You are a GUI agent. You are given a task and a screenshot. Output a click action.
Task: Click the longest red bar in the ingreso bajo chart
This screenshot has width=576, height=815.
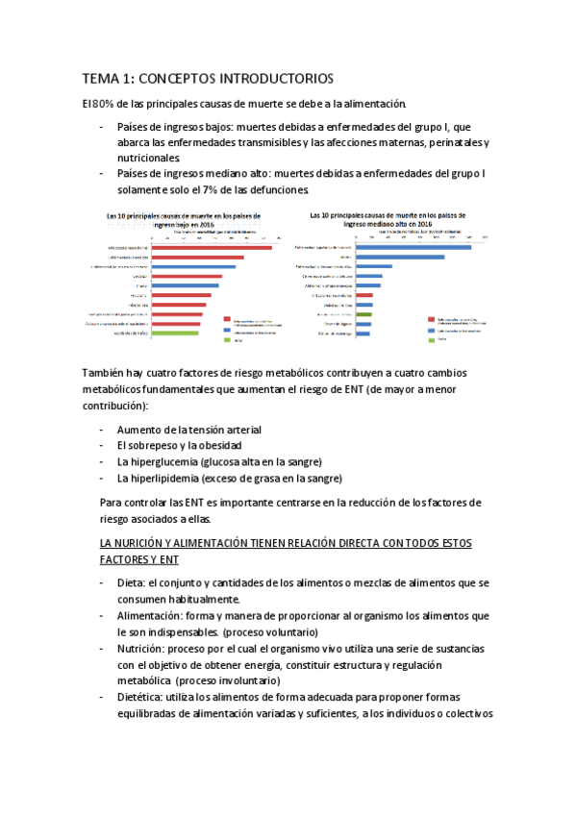[211, 248]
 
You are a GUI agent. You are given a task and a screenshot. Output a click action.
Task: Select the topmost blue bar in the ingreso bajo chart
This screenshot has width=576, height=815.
[193, 266]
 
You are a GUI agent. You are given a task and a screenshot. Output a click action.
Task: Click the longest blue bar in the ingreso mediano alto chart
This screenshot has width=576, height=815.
[413, 248]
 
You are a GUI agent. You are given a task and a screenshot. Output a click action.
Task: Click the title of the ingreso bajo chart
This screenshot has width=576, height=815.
[183, 220]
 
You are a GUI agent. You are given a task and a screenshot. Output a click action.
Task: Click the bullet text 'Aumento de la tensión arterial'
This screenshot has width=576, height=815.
[188, 430]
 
